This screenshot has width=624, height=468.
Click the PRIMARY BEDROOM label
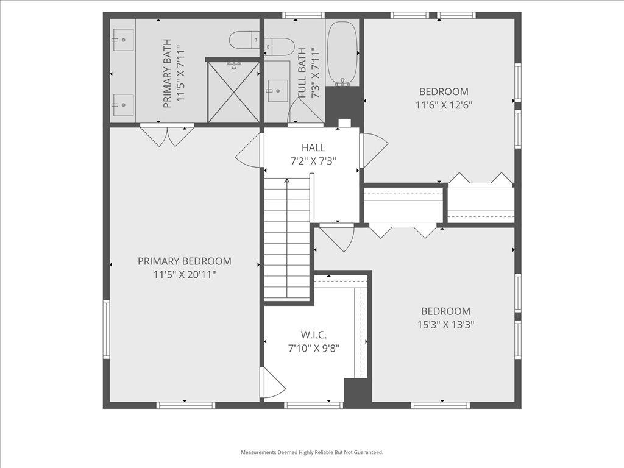click(x=184, y=261)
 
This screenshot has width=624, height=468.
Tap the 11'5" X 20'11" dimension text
click(x=184, y=275)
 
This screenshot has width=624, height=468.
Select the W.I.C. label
click(x=313, y=335)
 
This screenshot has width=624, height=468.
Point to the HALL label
click(x=313, y=147)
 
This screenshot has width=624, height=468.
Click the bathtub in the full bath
click(x=342, y=54)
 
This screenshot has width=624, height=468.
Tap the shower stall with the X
click(x=233, y=92)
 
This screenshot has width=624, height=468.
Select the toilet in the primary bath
click(x=244, y=41)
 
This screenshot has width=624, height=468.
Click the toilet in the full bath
click(x=279, y=46)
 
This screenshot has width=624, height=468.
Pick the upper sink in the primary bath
click(x=122, y=39)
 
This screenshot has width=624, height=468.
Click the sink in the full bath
click(x=277, y=91)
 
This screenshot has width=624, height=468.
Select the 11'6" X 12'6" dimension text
click(x=443, y=105)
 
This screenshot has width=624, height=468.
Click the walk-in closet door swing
click(x=271, y=384)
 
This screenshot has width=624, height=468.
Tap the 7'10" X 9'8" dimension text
click(x=313, y=349)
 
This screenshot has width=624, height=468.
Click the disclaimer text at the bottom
click(x=312, y=452)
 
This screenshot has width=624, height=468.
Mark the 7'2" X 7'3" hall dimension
click(x=313, y=161)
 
